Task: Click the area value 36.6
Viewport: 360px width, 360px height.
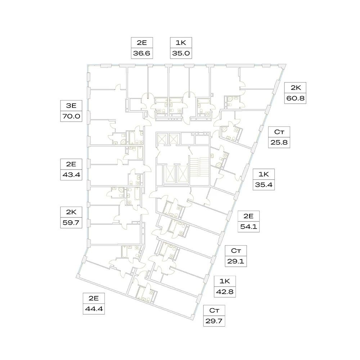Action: tap(142, 53)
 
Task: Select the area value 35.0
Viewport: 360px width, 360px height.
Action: tap(181, 53)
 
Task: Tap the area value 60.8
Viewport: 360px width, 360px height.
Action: tap(295, 98)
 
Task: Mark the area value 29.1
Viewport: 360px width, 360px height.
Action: tap(235, 261)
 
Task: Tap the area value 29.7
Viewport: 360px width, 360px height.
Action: tap(214, 320)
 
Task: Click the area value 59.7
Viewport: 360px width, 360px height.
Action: tap(69, 222)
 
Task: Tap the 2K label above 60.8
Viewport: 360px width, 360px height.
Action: tap(295, 87)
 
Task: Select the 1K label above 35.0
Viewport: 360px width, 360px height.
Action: tap(181, 42)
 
